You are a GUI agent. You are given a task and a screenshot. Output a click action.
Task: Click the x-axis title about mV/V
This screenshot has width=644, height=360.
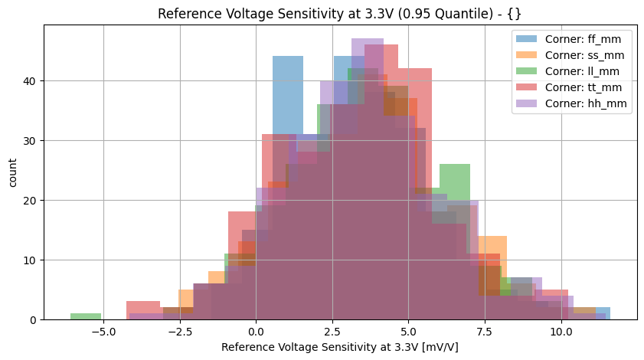tap(340, 347)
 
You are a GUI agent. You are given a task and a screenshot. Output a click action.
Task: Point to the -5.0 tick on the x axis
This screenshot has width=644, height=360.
tap(103, 332)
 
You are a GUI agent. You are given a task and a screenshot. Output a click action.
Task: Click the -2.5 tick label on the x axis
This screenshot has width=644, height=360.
tap(179, 332)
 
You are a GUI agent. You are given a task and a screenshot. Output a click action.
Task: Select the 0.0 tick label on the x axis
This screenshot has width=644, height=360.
tap(256, 332)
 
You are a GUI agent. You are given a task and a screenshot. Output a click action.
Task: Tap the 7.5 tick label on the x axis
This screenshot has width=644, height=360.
tap(485, 332)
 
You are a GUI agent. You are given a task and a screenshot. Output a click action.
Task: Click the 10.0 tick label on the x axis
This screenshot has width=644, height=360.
tap(561, 332)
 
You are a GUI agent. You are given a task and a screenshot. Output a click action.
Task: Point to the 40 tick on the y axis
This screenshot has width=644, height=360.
tap(28, 81)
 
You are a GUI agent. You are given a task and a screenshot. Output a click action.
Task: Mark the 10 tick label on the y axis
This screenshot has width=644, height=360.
tap(28, 260)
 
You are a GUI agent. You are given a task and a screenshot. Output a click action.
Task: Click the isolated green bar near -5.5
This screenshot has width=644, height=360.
tap(86, 316)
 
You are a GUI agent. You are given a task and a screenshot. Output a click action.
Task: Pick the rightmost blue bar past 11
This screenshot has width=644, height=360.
tap(603, 313)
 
